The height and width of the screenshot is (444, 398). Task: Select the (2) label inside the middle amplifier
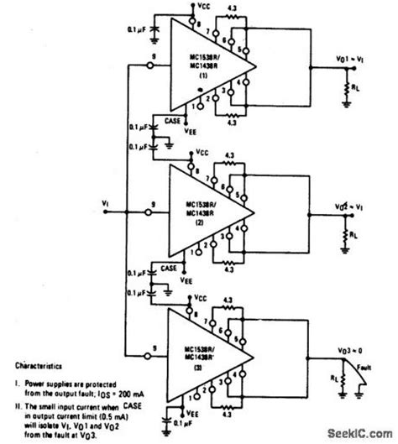tap(202, 226)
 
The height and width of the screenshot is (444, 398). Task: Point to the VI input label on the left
tap(103, 203)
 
